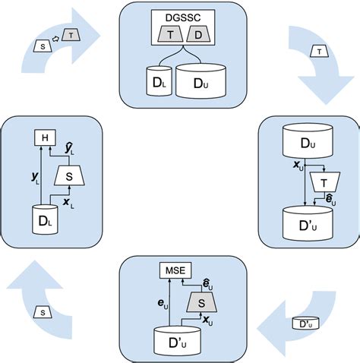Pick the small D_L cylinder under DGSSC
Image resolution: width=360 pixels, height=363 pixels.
click(x=158, y=81)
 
